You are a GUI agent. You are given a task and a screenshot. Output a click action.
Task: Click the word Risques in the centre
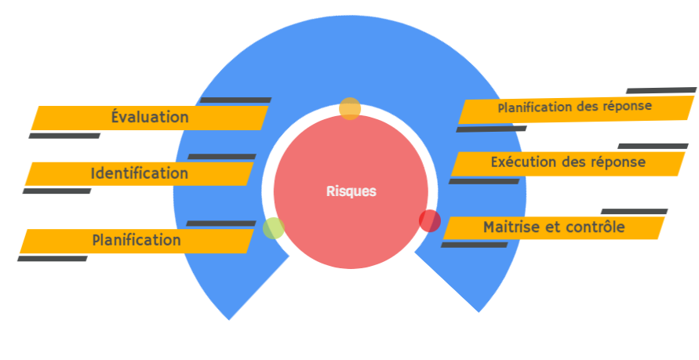[x=351, y=191]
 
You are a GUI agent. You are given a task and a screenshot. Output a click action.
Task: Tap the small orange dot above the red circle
[x=350, y=108]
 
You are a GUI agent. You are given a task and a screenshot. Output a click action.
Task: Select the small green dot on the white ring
[x=273, y=228]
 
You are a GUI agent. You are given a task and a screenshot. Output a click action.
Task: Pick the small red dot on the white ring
[x=429, y=221]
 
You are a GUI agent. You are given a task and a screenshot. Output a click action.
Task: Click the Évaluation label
[x=150, y=118]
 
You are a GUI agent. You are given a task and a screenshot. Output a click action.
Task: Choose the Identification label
[x=139, y=173]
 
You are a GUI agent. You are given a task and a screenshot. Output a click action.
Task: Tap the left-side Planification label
[x=137, y=240]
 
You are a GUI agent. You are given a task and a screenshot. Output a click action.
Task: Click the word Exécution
[x=525, y=162]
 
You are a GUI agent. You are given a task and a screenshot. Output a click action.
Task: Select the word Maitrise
[x=512, y=227]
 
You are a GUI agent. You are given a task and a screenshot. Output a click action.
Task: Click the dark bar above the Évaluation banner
[x=235, y=100]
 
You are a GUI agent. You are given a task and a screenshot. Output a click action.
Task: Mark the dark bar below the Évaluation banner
[x=64, y=136]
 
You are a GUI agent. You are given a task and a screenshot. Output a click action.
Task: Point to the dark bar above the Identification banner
[x=222, y=157]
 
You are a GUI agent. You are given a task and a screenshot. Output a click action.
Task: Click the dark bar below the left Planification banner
[x=53, y=258]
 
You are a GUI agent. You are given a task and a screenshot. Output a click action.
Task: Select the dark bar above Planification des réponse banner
[x=661, y=90]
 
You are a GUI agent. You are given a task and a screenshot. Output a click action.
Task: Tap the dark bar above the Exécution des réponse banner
[x=653, y=146]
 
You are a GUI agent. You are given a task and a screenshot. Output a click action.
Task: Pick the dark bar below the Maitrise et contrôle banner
[x=475, y=245]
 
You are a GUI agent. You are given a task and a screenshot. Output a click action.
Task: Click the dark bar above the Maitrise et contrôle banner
[x=634, y=212]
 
